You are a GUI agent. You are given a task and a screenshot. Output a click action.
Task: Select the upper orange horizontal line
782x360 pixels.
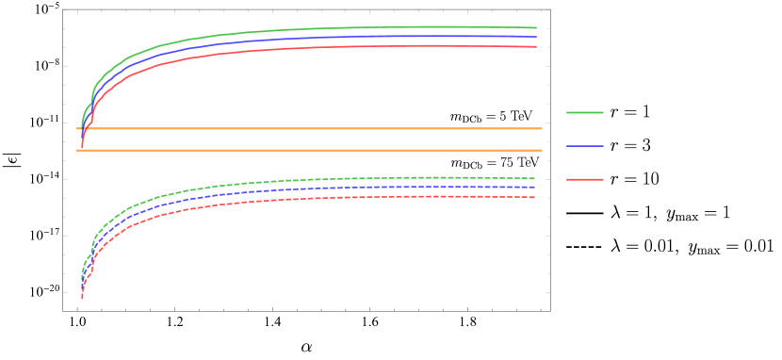click(x=311, y=128)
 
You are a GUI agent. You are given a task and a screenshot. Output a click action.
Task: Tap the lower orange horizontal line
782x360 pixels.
click(x=311, y=150)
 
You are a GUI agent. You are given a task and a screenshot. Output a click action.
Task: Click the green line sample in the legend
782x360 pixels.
click(x=584, y=112)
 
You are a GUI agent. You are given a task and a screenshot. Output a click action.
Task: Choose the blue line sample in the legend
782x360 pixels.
click(x=584, y=145)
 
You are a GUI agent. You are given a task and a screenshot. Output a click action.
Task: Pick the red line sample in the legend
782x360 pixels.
click(x=584, y=179)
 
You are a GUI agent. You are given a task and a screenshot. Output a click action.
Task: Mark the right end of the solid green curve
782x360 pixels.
click(x=535, y=28)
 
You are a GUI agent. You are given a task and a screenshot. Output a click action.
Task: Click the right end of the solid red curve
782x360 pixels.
click(x=535, y=46)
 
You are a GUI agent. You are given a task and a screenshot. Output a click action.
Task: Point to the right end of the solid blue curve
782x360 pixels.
click(x=535, y=37)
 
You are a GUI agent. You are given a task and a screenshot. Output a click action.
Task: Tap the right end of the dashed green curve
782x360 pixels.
click(x=534, y=178)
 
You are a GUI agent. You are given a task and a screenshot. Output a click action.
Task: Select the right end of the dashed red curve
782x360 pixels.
click(x=534, y=197)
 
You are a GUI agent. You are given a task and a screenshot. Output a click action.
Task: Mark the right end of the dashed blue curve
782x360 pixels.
click(x=534, y=188)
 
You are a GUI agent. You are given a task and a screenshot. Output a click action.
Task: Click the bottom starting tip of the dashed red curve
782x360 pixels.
click(x=82, y=297)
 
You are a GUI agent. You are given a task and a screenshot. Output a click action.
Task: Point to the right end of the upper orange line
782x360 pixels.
click(x=541, y=128)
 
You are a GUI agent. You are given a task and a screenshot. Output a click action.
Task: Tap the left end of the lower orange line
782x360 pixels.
click(x=78, y=150)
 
